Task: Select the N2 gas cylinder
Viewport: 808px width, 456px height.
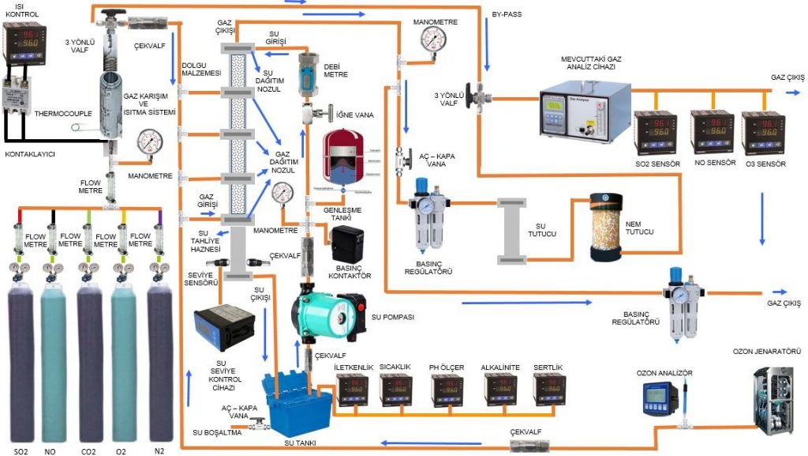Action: pos(159,364)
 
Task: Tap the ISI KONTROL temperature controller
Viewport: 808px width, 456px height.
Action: pos(21,44)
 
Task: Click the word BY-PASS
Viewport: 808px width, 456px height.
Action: pos(506,14)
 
